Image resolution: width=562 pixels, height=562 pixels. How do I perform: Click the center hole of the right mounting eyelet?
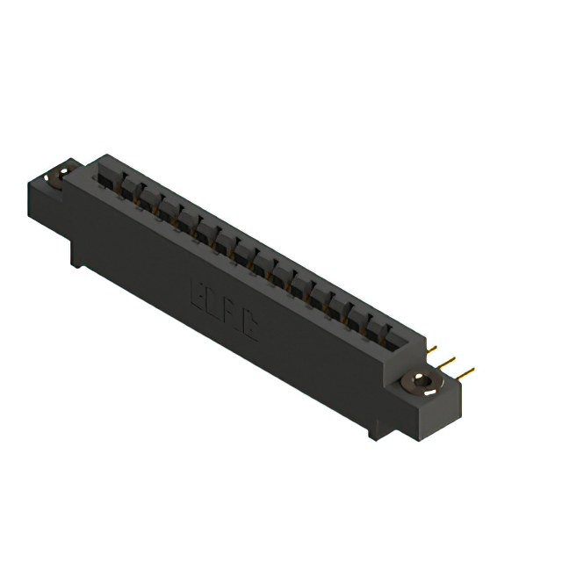pyautogui.click(x=421, y=384)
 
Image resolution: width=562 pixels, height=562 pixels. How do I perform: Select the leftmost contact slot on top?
pyautogui.click(x=109, y=178)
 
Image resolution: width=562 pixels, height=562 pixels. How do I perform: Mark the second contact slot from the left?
pyautogui.click(x=128, y=188)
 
